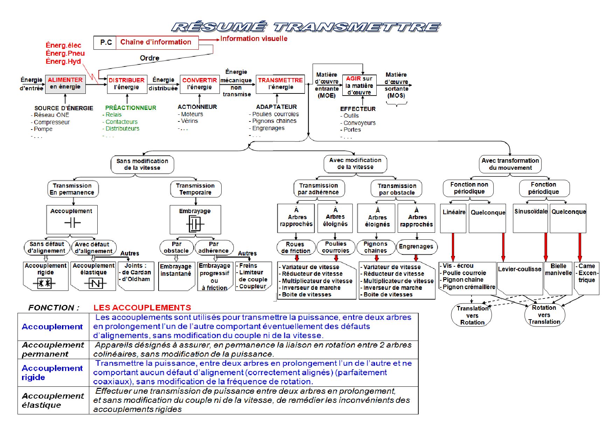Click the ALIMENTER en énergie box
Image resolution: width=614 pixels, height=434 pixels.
click(65, 84)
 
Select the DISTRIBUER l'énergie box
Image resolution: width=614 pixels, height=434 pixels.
click(127, 84)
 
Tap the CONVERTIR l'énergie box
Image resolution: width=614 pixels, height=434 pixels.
click(200, 84)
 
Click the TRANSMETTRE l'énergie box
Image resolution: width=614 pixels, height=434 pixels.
click(280, 84)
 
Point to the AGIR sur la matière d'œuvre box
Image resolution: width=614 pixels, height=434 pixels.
click(359, 85)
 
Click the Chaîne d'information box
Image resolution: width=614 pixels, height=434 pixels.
click(156, 42)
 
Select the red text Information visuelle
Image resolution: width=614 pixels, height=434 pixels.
click(254, 38)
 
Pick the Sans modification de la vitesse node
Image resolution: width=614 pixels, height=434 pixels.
click(142, 164)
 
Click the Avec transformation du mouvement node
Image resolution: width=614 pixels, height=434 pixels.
click(510, 164)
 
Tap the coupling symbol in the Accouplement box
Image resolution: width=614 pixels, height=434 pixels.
click(72, 223)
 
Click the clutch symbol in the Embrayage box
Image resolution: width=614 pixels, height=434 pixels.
click(195, 223)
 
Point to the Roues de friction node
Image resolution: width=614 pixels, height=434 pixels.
click(295, 247)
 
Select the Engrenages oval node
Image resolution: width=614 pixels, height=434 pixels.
click(416, 246)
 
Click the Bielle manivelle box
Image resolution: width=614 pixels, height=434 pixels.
click(558, 269)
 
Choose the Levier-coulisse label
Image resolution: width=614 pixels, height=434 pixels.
click(519, 269)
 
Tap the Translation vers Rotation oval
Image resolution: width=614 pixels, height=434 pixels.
click(472, 315)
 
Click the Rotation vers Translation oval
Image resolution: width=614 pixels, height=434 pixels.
click(544, 315)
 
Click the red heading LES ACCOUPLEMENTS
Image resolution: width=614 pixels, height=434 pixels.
click(142, 308)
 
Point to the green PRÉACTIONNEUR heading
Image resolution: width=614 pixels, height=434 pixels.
click(131, 108)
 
